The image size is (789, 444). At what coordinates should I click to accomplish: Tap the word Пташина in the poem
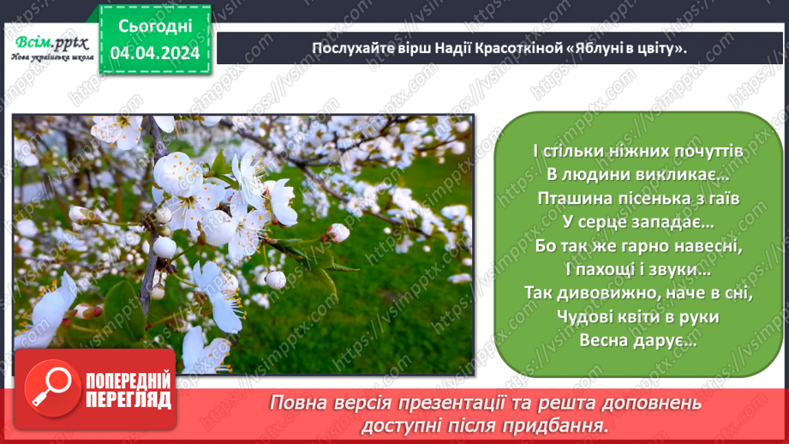tap(570, 197)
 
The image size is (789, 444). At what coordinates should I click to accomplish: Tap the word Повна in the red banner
tap(296, 403)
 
